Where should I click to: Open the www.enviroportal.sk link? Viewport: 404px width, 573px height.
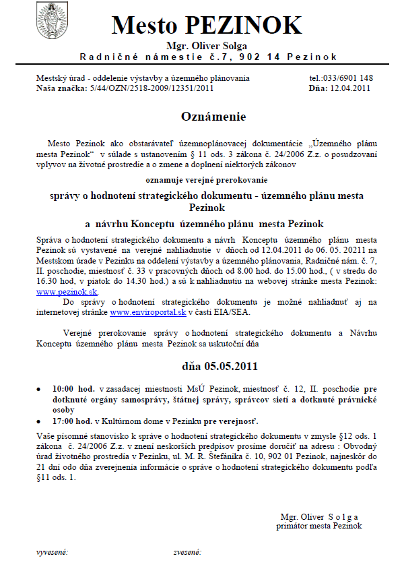click(x=140, y=313)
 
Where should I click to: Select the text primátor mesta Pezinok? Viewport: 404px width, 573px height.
click(x=319, y=525)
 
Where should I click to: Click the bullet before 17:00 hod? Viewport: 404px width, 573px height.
click(x=44, y=419)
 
